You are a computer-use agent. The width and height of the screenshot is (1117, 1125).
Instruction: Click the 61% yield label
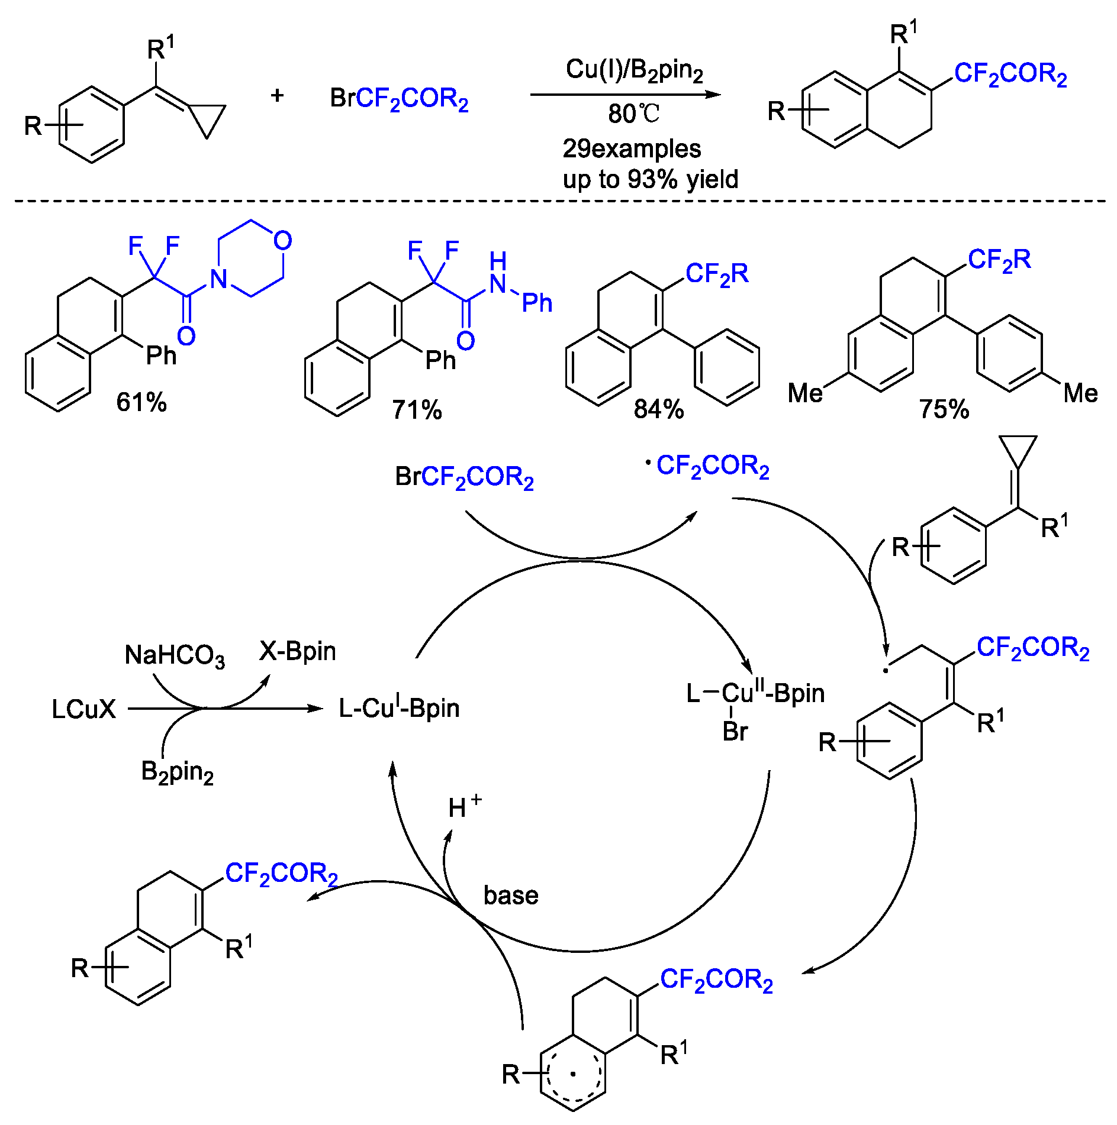141,402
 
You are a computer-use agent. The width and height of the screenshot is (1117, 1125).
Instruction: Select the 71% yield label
417,409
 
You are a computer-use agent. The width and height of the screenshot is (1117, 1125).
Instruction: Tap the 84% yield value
658,409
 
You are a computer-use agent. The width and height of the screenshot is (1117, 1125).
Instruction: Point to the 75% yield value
944,409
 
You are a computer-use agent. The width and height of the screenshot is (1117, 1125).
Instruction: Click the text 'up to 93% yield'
650,179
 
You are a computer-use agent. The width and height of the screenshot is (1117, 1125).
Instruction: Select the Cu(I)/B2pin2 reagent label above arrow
634,70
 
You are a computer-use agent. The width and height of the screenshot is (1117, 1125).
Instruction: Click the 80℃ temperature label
633,114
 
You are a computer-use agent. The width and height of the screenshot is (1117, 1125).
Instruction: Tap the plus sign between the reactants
277,95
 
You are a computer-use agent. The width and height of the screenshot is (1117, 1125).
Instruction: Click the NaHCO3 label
175,655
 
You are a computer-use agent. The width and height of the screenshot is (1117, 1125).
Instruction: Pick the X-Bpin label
297,651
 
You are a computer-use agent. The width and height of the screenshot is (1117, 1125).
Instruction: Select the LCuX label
83,709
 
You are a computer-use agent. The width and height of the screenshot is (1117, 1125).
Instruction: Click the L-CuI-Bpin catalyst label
399,708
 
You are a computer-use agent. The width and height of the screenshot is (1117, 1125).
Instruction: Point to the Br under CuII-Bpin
735,732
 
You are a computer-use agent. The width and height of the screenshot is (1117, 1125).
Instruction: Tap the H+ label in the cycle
463,806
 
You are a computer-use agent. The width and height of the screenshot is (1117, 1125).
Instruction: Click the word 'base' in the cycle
510,895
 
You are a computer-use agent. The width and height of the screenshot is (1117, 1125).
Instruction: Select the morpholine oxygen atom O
282,241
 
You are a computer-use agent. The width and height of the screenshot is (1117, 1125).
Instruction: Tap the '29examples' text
632,148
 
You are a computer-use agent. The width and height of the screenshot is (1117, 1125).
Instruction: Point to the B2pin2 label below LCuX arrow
177,772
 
